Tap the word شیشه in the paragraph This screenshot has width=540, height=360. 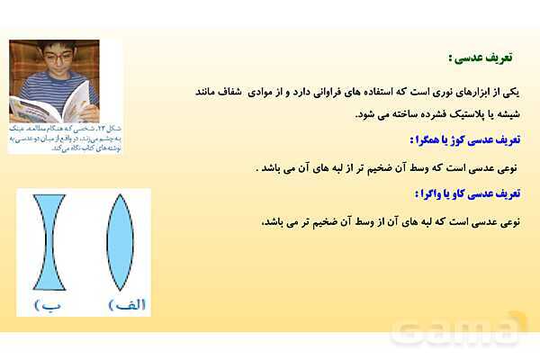click(506, 114)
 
